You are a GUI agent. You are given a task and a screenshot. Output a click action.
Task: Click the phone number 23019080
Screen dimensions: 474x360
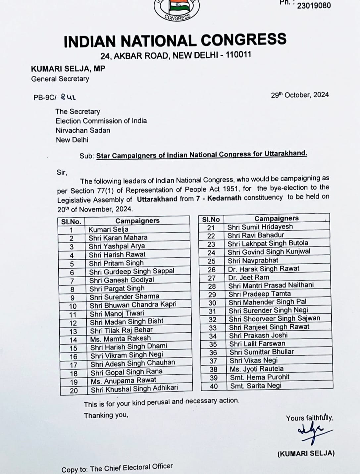coord(314,6)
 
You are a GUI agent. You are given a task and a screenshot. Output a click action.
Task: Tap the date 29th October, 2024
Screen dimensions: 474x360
coord(300,95)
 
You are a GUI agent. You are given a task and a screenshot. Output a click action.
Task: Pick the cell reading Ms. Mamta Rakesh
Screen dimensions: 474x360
coord(120,339)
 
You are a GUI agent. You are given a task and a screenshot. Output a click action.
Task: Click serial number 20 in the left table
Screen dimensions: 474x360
coord(74,391)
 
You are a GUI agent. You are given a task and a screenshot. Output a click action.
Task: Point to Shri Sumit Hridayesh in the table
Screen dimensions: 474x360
coord(260,227)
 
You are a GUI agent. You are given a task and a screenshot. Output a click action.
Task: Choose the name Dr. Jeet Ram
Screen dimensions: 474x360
coord(248,278)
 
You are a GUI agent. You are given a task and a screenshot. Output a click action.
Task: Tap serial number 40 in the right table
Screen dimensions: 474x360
coord(214,386)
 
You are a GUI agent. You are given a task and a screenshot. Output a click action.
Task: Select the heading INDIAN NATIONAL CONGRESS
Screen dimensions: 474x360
coord(175,40)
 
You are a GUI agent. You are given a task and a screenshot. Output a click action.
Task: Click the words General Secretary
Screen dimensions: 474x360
coord(60,79)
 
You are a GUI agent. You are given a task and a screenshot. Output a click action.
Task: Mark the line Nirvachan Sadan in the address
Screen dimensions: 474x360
coord(83,130)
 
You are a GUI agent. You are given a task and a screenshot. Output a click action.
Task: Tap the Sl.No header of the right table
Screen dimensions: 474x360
coord(211,219)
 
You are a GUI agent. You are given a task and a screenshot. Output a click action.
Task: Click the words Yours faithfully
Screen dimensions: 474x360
coord(310,418)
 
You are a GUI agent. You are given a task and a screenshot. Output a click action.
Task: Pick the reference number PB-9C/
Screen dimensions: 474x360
coord(45,98)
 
